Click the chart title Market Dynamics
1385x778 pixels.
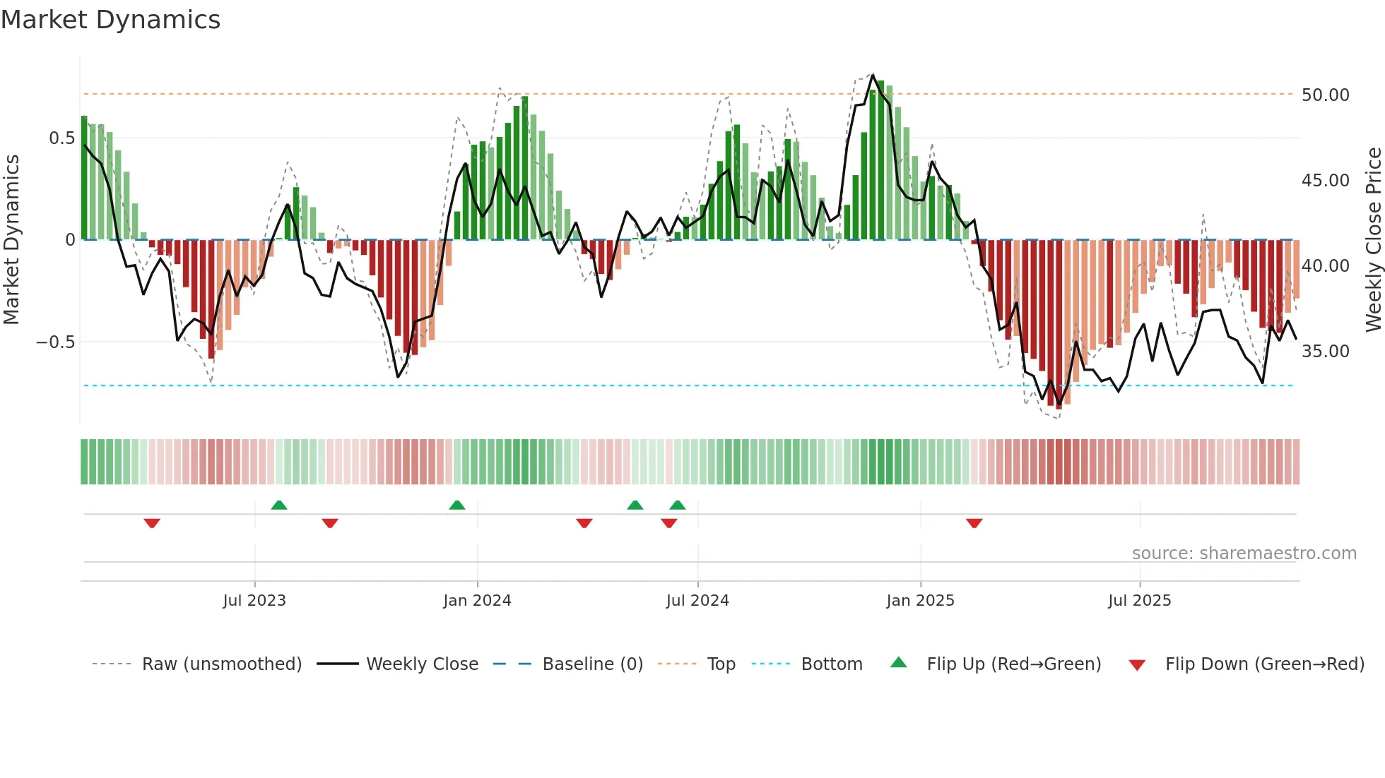(110, 20)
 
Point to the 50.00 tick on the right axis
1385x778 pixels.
(1325, 95)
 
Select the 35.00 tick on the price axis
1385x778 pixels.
(1325, 351)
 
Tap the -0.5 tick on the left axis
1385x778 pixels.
(56, 342)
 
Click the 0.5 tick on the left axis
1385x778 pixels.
(61, 138)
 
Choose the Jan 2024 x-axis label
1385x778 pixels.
(477, 600)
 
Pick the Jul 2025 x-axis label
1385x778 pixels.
(1139, 600)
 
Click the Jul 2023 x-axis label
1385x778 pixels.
(254, 600)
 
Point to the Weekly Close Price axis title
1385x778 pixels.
(1373, 239)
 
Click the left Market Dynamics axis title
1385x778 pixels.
(11, 239)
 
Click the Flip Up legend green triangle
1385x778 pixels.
(898, 662)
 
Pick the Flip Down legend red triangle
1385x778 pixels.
(1137, 665)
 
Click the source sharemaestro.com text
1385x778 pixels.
(1244, 553)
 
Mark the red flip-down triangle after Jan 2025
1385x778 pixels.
(974, 523)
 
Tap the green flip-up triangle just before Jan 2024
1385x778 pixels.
(457, 505)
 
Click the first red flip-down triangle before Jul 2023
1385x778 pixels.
(152, 523)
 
